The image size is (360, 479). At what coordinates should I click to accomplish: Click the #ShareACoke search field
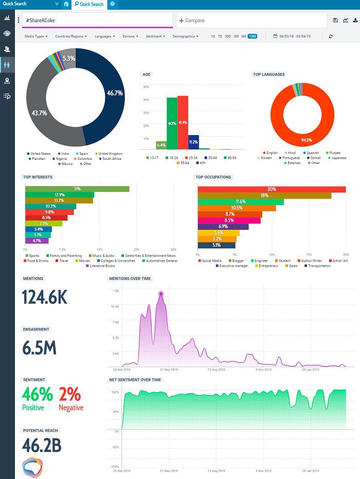click(x=98, y=21)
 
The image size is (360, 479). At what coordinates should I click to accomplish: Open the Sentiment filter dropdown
click(x=155, y=36)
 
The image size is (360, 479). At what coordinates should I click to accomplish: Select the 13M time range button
click(x=253, y=36)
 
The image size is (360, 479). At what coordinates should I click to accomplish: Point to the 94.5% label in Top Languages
click(x=307, y=140)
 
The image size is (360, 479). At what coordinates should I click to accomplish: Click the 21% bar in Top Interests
click(x=77, y=189)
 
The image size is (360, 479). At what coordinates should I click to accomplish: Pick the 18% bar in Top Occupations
click(x=264, y=195)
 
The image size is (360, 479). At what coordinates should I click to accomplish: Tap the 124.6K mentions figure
click(x=45, y=298)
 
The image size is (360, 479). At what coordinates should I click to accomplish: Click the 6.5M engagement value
click(x=40, y=348)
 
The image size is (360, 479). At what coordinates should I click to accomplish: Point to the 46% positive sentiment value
click(x=37, y=394)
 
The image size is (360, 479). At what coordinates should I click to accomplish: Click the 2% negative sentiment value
click(x=70, y=394)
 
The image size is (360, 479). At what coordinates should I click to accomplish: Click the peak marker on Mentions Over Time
click(x=161, y=293)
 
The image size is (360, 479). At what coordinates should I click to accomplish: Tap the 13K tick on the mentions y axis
click(x=116, y=291)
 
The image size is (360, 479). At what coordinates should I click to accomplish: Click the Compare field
click(x=251, y=21)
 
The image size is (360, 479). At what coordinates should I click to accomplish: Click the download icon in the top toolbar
click(x=355, y=20)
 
